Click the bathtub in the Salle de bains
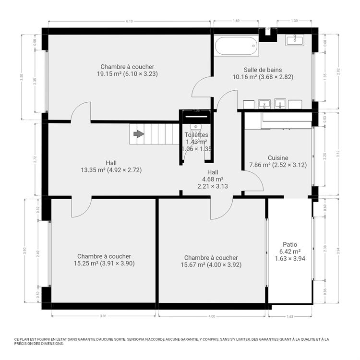pyautogui.click(x=237, y=47)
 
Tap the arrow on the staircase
pyautogui.click(x=139, y=134)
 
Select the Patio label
pyautogui.click(x=290, y=244)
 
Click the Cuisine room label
pyautogui.click(x=278, y=158)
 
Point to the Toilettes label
pyautogui.click(x=196, y=135)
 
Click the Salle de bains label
pyautogui.click(x=263, y=70)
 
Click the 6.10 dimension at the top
pyautogui.click(x=129, y=21)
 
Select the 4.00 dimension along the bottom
pyautogui.click(x=212, y=316)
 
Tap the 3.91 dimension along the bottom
pyautogui.click(x=103, y=316)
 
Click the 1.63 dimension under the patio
pyautogui.click(x=290, y=316)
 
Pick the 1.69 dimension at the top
pyautogui.click(x=236, y=21)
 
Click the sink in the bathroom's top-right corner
pyautogui.click(x=294, y=40)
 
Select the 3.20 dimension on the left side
pyautogui.click(x=21, y=76)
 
